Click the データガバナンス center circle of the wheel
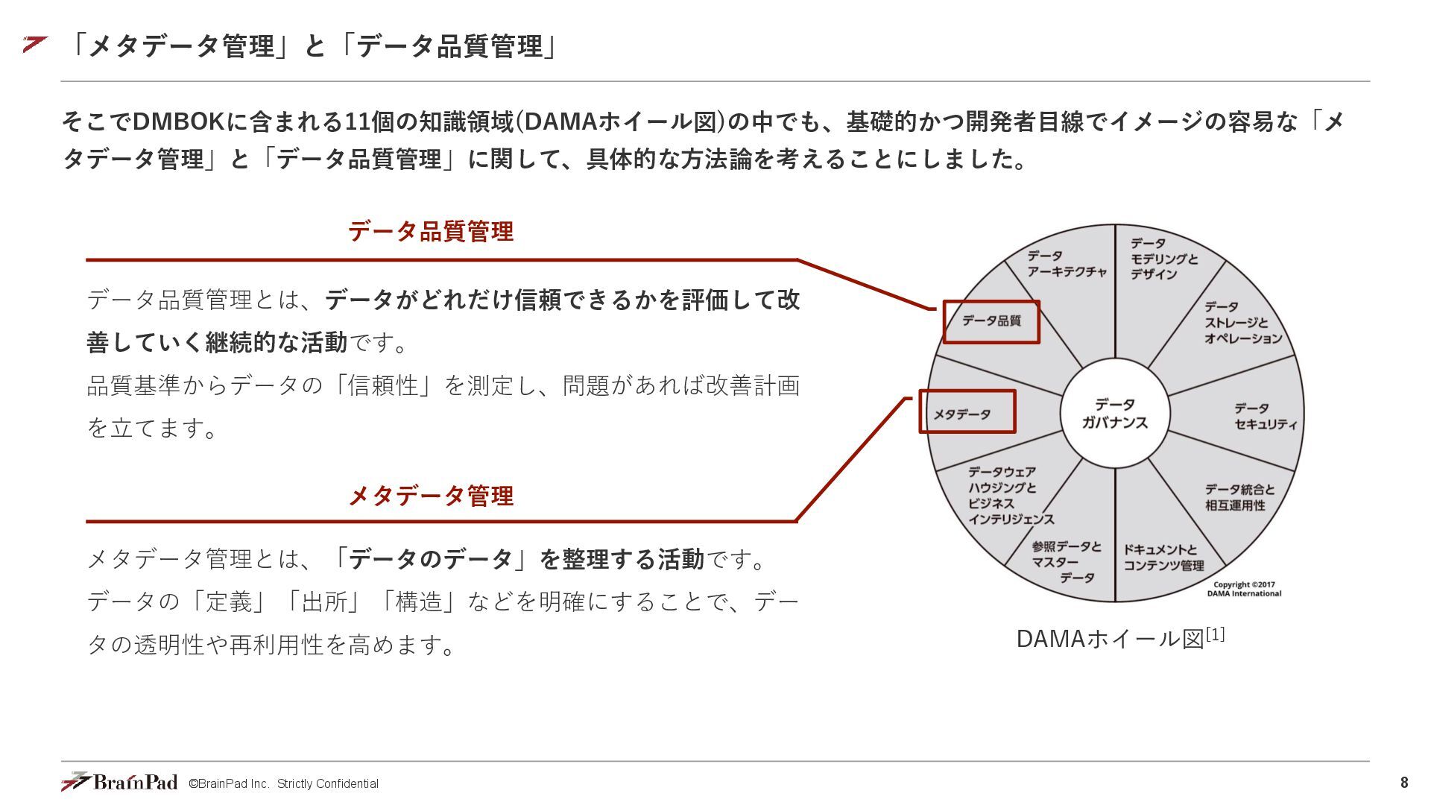point(1114,413)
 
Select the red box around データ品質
point(991,321)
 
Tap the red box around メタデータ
point(967,411)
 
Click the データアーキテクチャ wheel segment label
point(1067,264)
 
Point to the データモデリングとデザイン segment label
point(1163,259)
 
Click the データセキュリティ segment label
point(1265,417)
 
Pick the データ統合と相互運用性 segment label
point(1239,497)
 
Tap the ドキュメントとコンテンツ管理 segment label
point(1163,558)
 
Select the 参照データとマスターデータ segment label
point(1066,562)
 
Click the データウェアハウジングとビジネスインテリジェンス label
point(1010,496)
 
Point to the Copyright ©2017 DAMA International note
point(1243,590)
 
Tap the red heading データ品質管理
point(431,231)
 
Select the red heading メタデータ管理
point(431,496)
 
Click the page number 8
point(1404,783)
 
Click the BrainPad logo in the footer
point(119,782)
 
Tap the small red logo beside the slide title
point(34,44)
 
